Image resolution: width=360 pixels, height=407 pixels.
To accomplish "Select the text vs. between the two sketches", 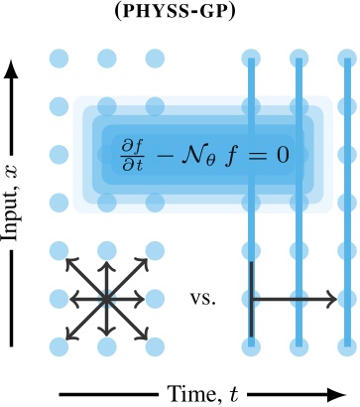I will [x=203, y=297].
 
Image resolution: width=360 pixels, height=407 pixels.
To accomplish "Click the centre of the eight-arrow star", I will [x=105, y=296].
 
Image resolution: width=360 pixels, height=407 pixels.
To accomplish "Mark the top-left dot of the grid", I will [x=59, y=58].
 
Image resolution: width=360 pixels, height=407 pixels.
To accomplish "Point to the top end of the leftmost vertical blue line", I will [x=251, y=60].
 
